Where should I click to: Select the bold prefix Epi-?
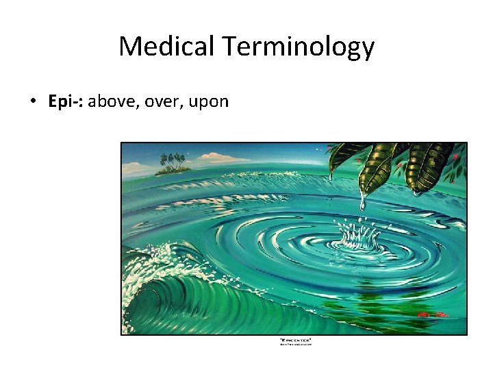(66, 102)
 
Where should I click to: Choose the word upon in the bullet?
(207, 102)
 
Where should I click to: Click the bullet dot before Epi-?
(33, 102)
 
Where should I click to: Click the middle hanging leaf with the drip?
(376, 168)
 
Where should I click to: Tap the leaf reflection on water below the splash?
(370, 301)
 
